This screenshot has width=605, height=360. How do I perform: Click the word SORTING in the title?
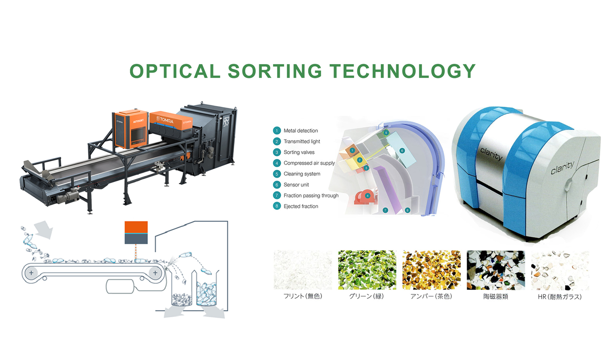275,71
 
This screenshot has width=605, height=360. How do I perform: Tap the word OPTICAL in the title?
175,71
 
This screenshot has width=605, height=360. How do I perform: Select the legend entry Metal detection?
301,131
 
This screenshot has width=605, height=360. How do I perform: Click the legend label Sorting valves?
299,152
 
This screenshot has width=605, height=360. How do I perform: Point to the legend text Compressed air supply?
309,163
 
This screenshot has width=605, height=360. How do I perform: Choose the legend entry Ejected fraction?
301,206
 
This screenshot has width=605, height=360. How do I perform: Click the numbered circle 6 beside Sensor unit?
277,185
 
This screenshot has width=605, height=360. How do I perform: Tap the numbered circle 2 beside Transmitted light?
277,141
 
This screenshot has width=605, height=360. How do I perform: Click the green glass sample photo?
367,270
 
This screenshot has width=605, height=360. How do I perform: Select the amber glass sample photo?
431,270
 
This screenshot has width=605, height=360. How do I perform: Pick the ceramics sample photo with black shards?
496,270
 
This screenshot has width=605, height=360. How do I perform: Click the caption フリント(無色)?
303,296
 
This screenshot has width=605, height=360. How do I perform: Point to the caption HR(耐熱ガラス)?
560,297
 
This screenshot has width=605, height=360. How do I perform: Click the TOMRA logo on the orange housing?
165,120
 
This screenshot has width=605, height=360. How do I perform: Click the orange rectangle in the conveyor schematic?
136,227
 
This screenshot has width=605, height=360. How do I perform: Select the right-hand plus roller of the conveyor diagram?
155,273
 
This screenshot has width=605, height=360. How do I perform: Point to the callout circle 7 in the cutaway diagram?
385,210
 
